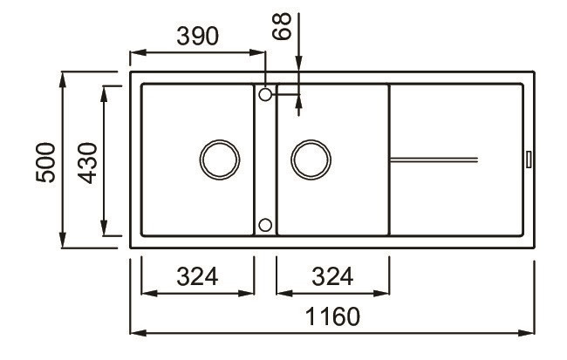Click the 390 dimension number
click(197, 36)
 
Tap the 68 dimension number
click(282, 26)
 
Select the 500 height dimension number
click(46, 162)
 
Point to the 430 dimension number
click(87, 163)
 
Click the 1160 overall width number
click(332, 316)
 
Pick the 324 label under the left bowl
click(197, 276)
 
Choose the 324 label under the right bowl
click(332, 276)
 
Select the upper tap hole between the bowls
click(265, 95)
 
